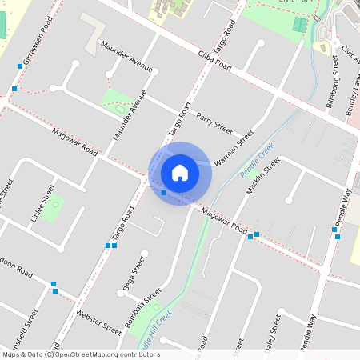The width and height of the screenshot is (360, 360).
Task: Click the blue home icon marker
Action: [180, 172]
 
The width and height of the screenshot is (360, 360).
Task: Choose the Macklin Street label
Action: [264, 177]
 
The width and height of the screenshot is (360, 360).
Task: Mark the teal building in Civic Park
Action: [299, 25]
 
